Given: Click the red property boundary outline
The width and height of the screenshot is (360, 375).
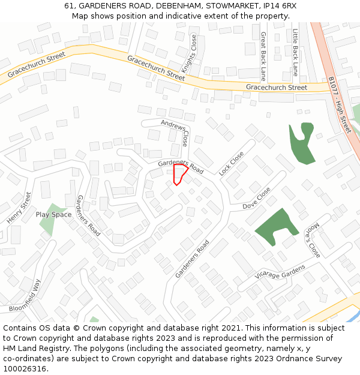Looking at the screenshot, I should coord(179,175).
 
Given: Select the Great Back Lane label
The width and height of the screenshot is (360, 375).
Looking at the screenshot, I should coord(263,56).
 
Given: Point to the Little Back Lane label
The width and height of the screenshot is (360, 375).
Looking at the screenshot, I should coord(295,55).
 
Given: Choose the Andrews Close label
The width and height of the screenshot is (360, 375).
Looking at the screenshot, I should coord(176,133).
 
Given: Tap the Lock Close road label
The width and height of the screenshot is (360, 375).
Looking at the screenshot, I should coord(232,163).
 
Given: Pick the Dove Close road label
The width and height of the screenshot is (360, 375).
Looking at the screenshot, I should coord(257,198).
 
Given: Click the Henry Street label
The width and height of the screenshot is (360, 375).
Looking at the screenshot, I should coord(19,208).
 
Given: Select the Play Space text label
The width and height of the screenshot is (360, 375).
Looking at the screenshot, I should coord(53,214).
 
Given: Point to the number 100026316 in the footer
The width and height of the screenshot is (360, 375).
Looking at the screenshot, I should coord(25,368).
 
